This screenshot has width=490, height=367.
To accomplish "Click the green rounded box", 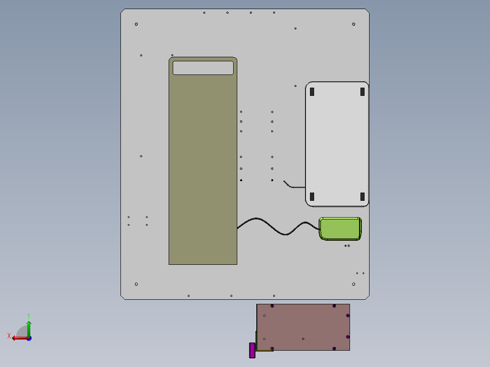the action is tap(340, 229).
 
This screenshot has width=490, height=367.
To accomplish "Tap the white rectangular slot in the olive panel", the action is tap(203, 68).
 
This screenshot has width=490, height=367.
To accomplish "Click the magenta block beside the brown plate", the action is tap(252, 350).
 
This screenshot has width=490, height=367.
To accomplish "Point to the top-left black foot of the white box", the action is tap(312, 91).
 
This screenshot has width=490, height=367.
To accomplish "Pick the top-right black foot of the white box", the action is tap(363, 91).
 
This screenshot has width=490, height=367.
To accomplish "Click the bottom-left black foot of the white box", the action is tap(312, 197).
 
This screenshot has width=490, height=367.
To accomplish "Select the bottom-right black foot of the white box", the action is tap(363, 197).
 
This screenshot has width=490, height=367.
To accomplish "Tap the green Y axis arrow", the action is tap(29, 329).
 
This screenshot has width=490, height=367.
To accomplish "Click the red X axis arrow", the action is tap(20, 338).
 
